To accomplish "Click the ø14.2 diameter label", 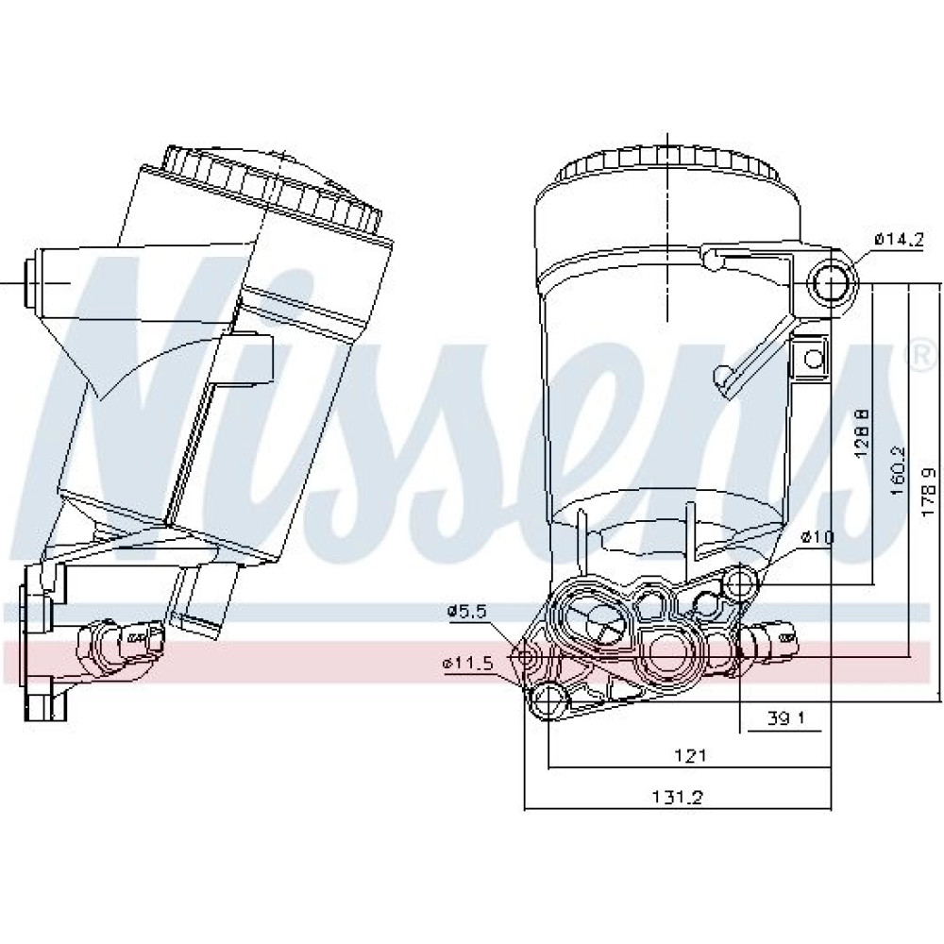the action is point(899,240).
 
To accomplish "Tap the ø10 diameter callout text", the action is point(817,537).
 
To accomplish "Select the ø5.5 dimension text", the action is point(466,612).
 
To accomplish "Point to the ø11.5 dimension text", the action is point(468,664).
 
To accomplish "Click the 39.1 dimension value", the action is point(786,717).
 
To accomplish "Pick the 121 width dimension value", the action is point(690,755).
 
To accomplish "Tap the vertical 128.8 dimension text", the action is point(862,432).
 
